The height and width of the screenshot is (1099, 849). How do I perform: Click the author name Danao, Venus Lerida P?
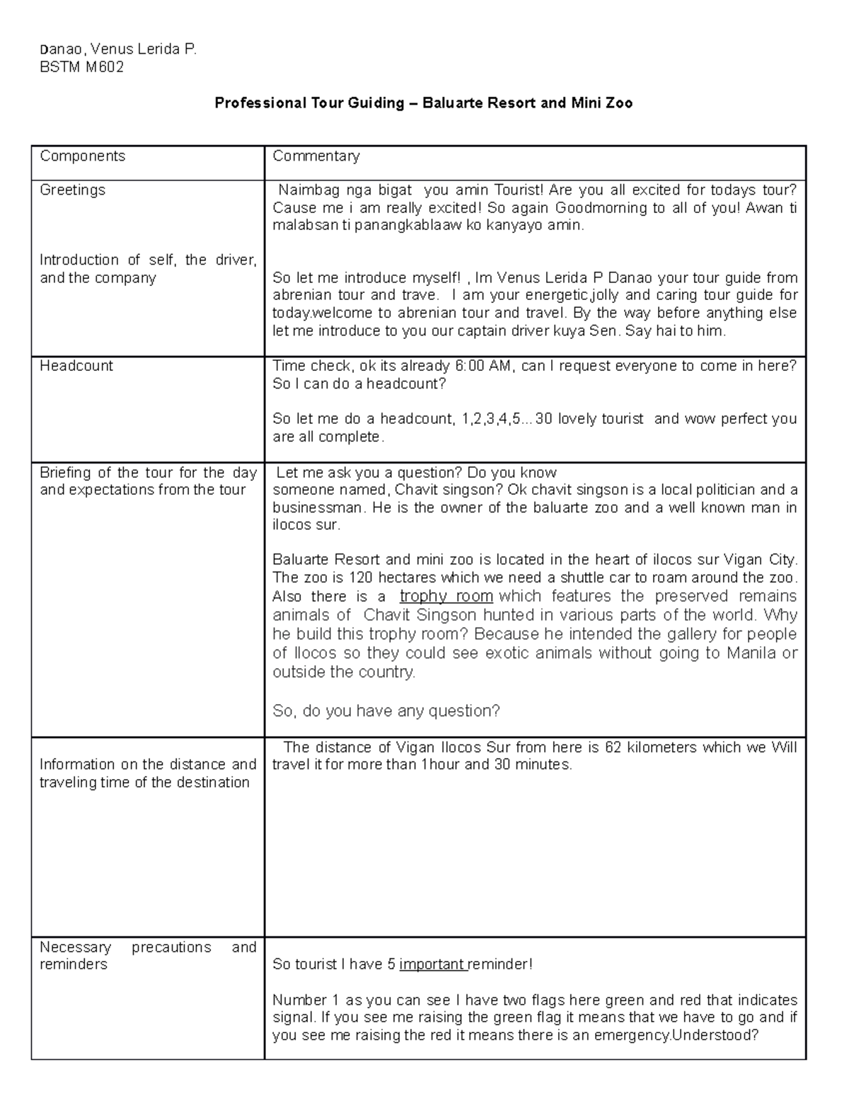(117, 50)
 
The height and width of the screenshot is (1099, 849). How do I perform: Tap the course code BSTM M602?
(81, 67)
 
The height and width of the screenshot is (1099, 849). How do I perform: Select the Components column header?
(82, 156)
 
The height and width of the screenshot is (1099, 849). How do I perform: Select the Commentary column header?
(316, 156)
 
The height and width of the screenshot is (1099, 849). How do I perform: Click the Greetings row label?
(72, 190)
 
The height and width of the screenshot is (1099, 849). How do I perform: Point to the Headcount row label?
(76, 366)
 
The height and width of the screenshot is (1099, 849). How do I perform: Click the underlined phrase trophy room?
(446, 597)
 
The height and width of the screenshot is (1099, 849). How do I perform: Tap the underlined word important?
(432, 965)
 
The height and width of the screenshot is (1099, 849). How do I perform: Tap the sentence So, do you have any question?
(386, 711)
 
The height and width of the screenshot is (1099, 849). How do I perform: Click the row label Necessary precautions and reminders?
(147, 956)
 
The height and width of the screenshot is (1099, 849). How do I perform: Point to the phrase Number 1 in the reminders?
(305, 1001)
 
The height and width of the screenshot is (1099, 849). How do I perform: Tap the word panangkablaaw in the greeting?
(405, 226)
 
